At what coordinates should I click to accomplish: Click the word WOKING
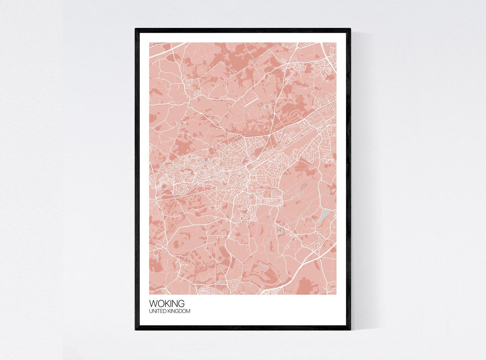tap(167, 304)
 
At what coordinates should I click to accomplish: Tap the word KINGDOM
tap(179, 311)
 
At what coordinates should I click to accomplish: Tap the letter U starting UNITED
tap(150, 311)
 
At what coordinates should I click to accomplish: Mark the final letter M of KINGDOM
tap(189, 311)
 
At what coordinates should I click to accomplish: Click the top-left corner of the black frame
tap(136, 29)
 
